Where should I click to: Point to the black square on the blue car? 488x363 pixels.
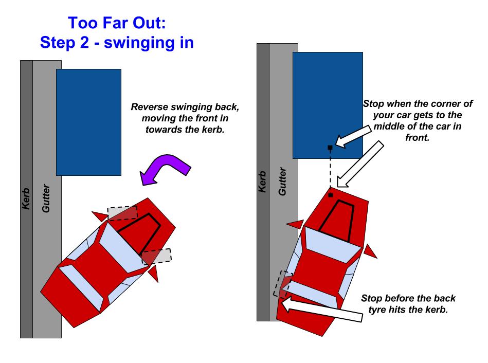(x=330, y=148)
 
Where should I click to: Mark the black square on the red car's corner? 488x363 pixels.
(x=330, y=195)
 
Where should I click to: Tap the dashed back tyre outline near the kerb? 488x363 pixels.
(x=281, y=283)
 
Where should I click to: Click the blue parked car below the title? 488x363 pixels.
(x=88, y=122)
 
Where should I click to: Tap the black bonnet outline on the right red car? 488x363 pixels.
(x=338, y=220)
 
